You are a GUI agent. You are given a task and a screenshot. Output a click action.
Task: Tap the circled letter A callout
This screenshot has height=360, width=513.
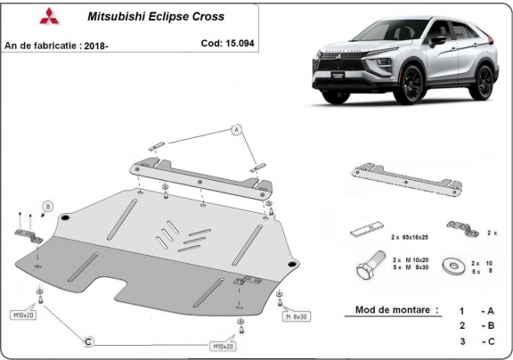pos(237,130)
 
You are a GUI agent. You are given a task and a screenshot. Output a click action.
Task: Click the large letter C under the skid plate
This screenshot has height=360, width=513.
pos(89,340)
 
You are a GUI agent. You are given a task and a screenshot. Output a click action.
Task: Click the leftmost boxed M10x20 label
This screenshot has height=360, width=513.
pos(25,315)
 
